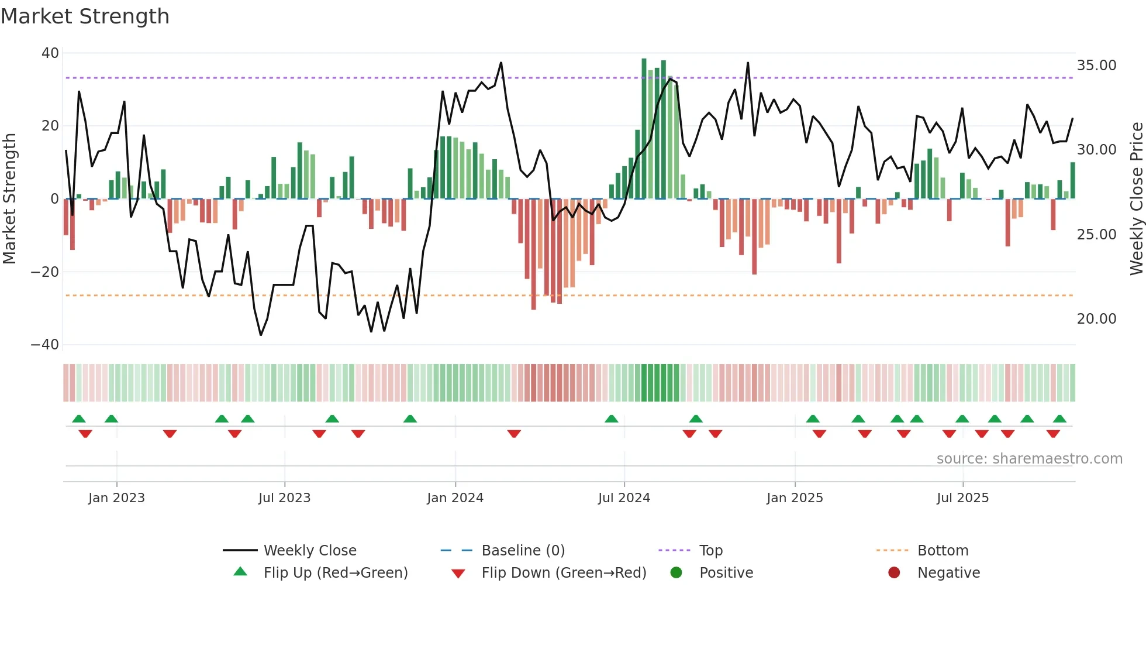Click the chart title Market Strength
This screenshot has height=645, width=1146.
coord(85,16)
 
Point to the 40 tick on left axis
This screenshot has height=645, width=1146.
coord(50,53)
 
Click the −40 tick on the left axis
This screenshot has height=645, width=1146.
coord(45,345)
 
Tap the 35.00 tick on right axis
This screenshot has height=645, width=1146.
coord(1096,66)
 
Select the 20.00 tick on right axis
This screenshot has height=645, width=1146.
coord(1096,319)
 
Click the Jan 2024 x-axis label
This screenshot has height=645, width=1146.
coord(455,498)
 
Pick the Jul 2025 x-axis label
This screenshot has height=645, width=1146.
coord(962,498)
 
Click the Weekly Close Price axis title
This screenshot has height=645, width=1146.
coord(1136,199)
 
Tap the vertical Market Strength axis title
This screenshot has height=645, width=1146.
coord(9,199)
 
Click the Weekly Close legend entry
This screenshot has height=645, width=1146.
coord(309,551)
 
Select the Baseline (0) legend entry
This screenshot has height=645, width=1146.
coord(523,551)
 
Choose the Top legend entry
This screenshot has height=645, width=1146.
coord(710,551)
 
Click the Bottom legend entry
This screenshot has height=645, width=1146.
coord(943,551)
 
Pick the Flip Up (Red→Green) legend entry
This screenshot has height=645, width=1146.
coord(335,573)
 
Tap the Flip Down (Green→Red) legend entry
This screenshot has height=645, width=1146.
coord(564,573)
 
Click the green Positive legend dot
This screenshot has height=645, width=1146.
coord(676,573)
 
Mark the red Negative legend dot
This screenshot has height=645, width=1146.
coord(894,573)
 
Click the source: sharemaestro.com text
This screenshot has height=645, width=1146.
coord(1029,459)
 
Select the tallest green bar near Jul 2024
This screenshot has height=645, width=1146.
coord(644,129)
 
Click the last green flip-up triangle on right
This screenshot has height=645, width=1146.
coord(1059,419)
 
